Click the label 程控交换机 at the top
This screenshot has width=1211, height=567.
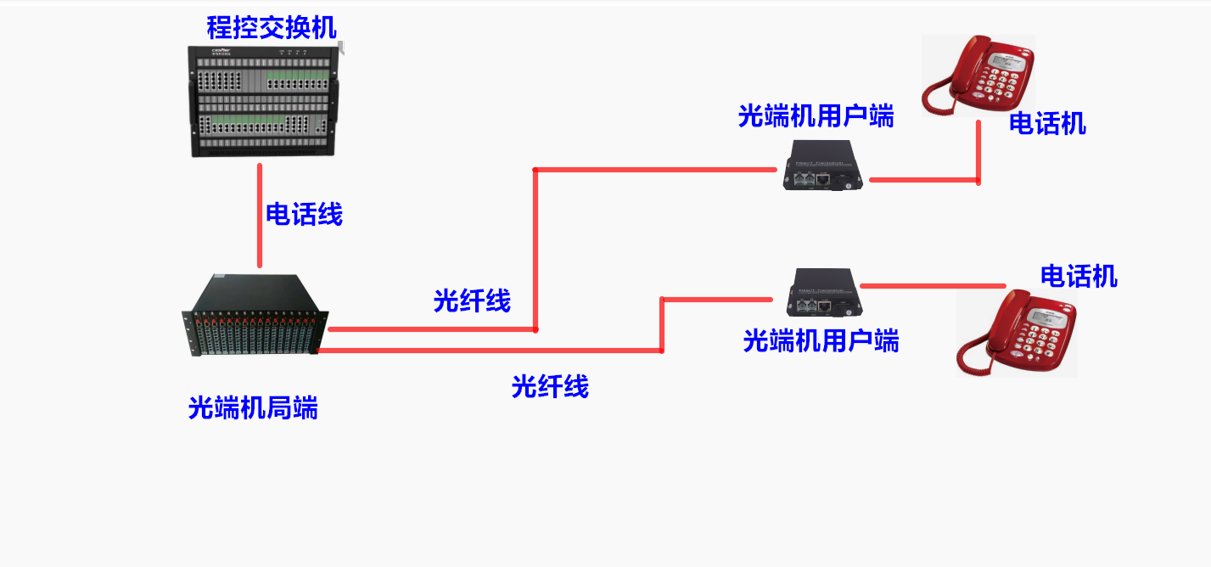pos(271,28)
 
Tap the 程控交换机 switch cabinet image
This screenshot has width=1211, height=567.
pos(262,101)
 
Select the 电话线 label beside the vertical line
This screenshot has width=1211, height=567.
pos(304,214)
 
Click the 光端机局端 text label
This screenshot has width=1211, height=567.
pos(253,408)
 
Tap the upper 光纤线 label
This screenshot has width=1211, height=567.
pos(472,300)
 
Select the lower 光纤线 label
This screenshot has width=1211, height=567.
pos(549,386)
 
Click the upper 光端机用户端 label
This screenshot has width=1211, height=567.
pos(816,116)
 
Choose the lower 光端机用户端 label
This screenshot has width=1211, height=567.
pos(821,340)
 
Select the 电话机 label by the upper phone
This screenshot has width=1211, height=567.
pos(1047,124)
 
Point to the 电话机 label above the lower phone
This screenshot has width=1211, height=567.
pos(1079,276)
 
